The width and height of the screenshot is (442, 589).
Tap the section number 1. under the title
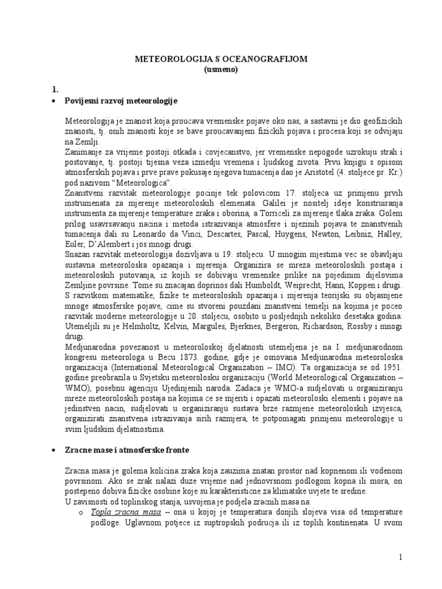point(55,89)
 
